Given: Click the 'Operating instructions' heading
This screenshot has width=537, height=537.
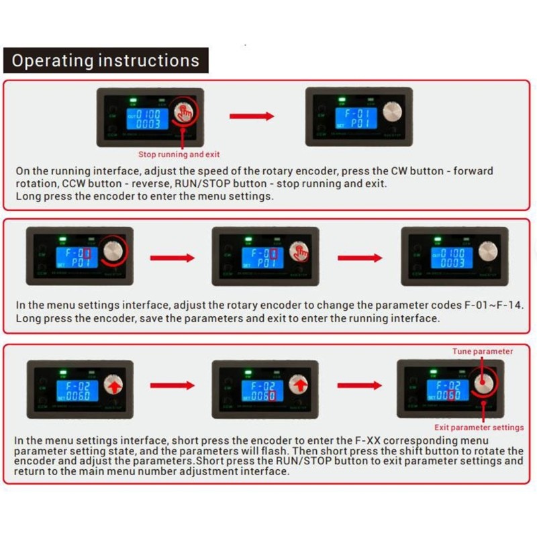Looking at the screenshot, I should click(x=105, y=60).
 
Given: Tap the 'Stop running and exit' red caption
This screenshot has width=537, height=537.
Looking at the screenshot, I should click(x=179, y=154).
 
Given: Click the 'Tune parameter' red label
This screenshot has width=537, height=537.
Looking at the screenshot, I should click(x=482, y=351).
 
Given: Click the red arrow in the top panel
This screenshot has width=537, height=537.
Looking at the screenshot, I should click(x=252, y=116).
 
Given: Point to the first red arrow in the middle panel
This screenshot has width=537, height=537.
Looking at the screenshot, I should click(x=172, y=258).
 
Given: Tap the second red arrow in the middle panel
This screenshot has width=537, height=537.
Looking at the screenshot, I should click(x=360, y=258).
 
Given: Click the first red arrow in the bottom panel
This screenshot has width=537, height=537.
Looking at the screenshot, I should click(x=172, y=385).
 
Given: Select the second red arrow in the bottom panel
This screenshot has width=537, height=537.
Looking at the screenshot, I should click(x=360, y=385).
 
